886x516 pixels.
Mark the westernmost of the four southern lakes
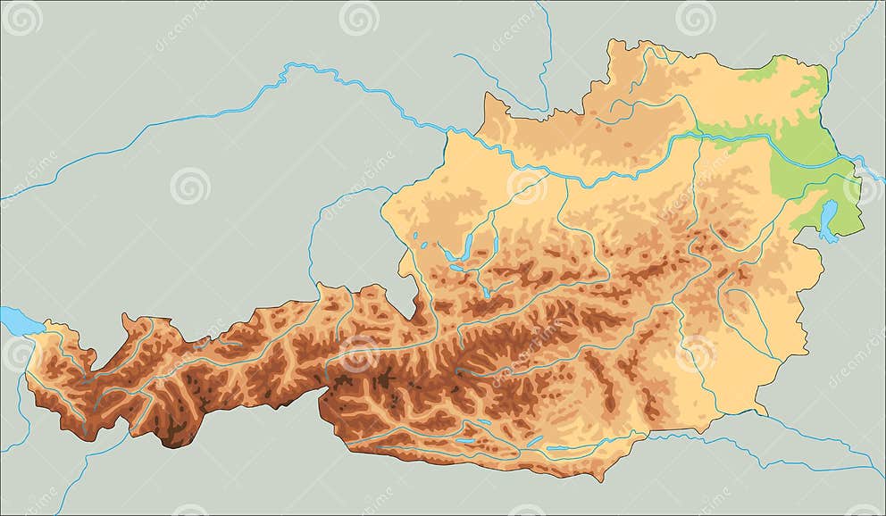point(464,439)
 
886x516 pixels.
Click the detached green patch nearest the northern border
point(759,72)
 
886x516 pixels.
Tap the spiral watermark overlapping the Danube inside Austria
point(527,186)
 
